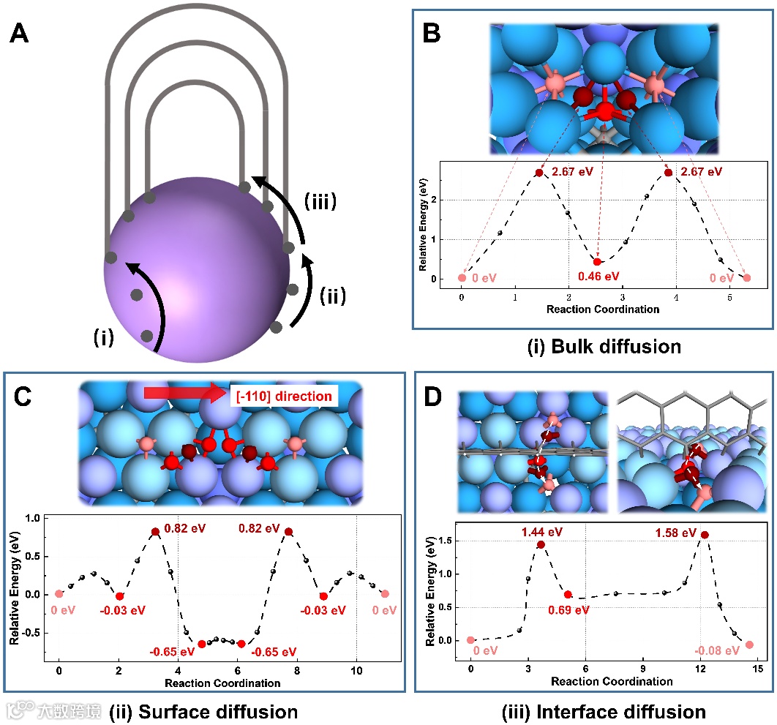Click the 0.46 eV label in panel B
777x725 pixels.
[x=598, y=277]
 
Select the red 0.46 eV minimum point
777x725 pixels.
[x=598, y=262]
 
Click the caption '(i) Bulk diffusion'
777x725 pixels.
[x=604, y=346]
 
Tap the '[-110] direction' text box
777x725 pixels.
[x=284, y=396]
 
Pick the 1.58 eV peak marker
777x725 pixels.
[x=705, y=535]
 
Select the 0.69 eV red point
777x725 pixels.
[x=568, y=594]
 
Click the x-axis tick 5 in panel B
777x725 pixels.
[x=729, y=298]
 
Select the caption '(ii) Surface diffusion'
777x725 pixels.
[x=203, y=710]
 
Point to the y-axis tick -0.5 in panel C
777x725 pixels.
[x=34, y=632]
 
